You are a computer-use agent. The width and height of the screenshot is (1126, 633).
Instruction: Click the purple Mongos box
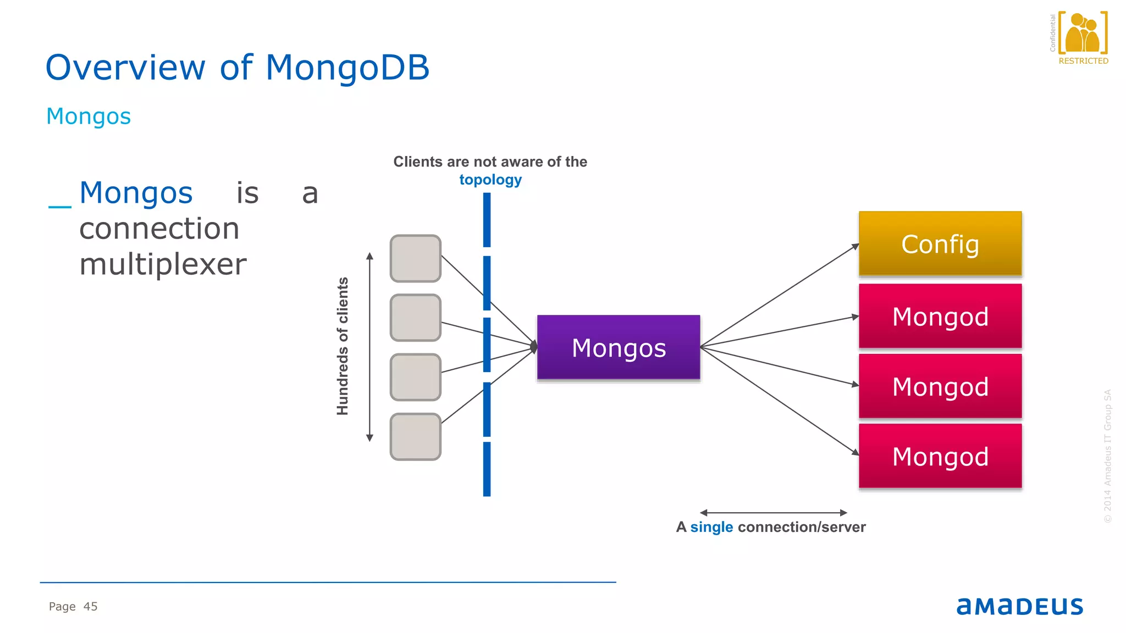point(619,347)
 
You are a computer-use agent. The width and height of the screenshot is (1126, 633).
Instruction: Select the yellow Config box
point(940,243)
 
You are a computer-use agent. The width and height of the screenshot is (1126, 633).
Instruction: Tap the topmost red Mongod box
point(940,316)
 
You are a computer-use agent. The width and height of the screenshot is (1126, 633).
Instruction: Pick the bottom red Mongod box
point(940,456)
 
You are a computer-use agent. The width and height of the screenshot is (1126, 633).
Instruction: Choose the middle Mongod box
point(940,386)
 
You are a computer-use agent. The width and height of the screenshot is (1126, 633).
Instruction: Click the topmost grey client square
point(415,258)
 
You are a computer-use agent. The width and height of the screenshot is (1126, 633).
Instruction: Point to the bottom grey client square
point(415,436)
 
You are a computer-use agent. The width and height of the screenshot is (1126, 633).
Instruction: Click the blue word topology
point(490,180)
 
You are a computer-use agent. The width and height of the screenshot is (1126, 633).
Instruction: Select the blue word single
point(711,527)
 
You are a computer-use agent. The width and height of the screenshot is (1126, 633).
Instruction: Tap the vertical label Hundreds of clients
point(343,346)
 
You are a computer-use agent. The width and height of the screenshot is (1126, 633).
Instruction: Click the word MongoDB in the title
point(347,68)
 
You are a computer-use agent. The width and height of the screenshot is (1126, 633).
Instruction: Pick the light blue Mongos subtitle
point(89,116)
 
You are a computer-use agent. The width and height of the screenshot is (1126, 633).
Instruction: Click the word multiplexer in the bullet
point(163,264)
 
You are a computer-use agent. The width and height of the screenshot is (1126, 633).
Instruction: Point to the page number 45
point(90,607)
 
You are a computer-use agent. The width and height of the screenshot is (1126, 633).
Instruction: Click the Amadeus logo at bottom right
point(1019,606)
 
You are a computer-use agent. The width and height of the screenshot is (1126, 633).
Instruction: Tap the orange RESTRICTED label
point(1083,61)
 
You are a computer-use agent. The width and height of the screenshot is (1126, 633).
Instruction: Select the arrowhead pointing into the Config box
point(855,247)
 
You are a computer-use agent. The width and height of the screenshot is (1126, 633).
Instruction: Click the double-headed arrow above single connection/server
point(773,513)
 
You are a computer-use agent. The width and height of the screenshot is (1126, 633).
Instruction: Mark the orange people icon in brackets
point(1082,33)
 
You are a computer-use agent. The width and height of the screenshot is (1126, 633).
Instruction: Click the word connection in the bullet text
point(159,229)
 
